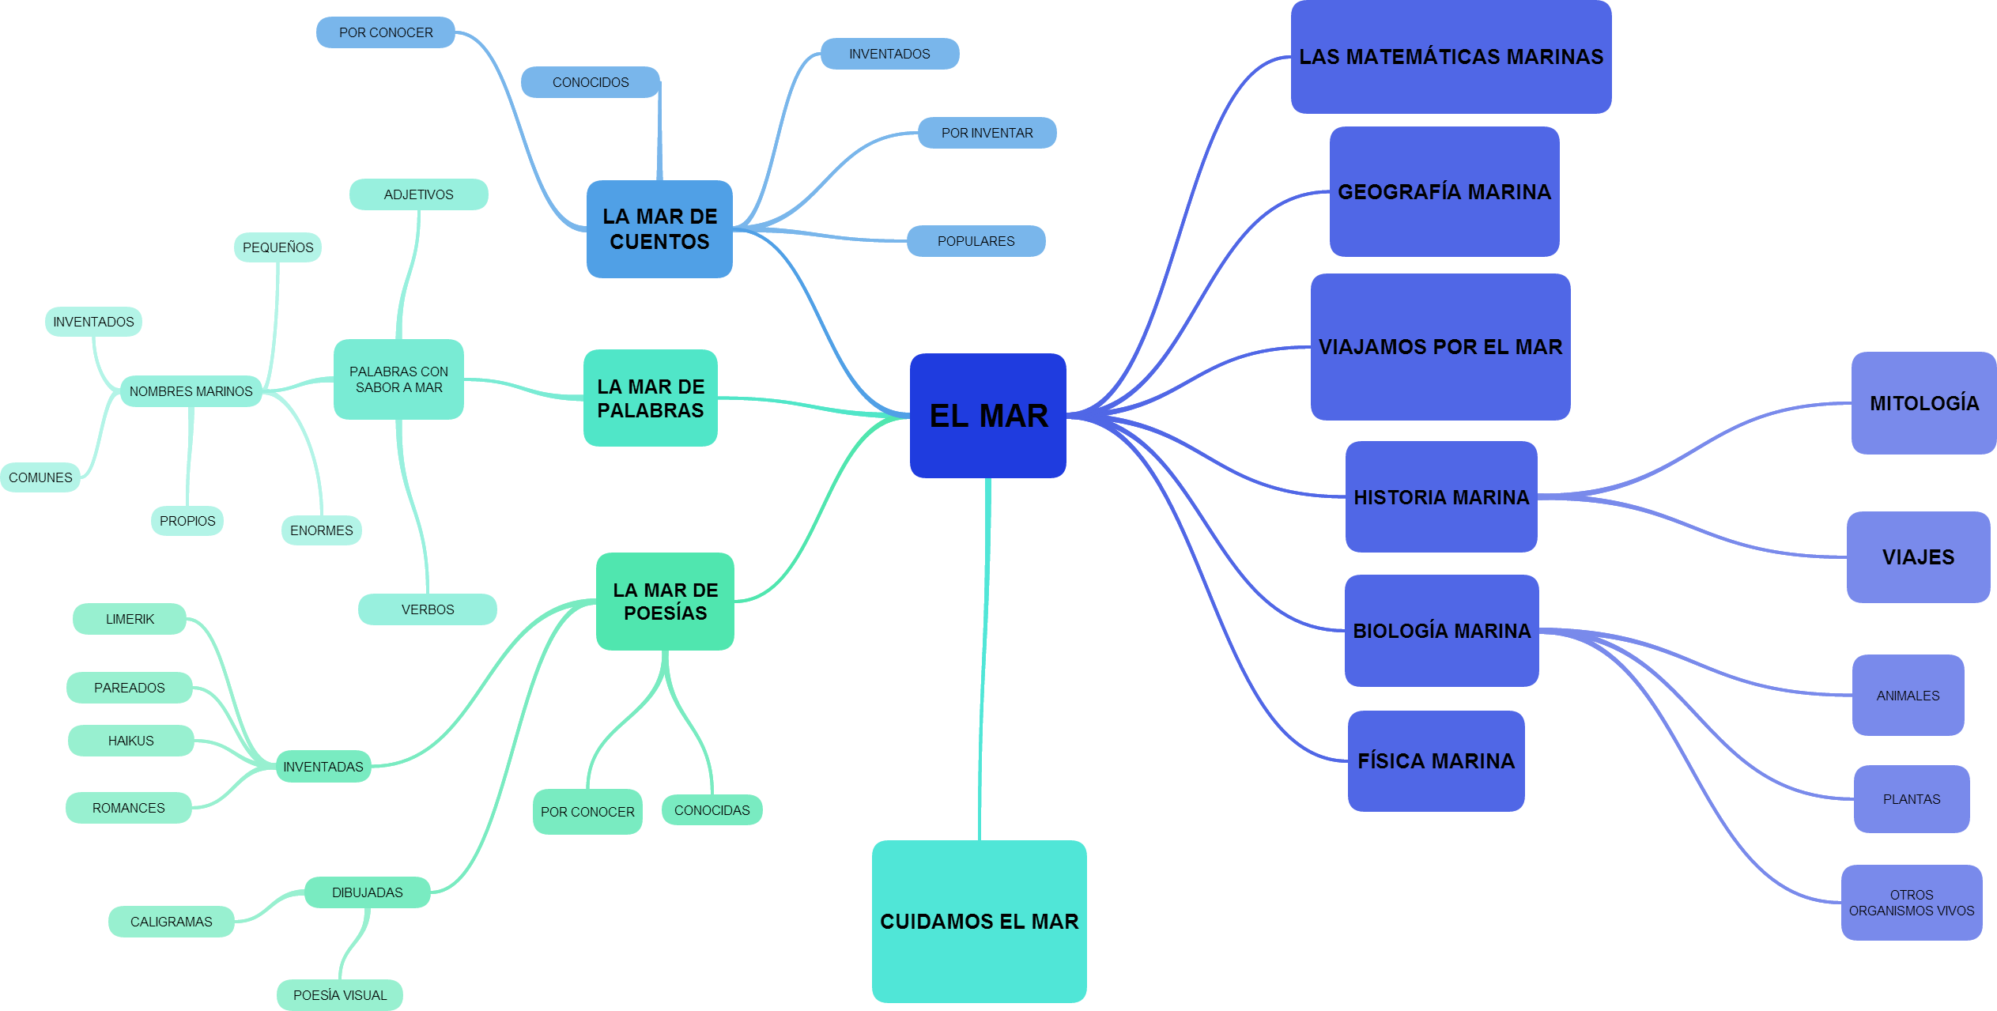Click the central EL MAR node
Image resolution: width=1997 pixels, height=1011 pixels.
click(988, 416)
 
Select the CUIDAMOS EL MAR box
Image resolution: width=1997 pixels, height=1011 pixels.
click(979, 921)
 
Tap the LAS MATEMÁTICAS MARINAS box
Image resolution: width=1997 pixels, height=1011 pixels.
click(1451, 57)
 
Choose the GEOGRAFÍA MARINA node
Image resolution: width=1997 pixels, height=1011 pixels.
click(1444, 191)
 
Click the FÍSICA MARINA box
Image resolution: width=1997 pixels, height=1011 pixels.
click(1436, 760)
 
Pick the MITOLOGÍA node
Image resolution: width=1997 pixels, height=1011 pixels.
click(1923, 403)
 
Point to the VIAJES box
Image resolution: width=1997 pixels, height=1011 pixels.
click(1918, 557)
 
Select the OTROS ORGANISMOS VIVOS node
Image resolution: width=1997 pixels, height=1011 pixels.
click(1911, 903)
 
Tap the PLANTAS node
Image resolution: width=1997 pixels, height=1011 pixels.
click(1911, 799)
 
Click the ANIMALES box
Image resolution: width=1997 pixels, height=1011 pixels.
click(1908, 696)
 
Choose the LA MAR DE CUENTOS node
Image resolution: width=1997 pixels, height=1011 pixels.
click(659, 229)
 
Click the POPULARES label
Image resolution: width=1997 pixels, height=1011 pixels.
click(976, 241)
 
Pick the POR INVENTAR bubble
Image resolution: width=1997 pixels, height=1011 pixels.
click(987, 133)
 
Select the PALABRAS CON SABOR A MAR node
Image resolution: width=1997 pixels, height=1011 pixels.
click(398, 379)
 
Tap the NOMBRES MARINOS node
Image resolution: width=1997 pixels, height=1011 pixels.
click(191, 391)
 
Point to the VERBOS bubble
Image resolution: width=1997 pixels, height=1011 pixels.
click(427, 609)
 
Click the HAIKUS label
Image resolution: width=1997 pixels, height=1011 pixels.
click(130, 741)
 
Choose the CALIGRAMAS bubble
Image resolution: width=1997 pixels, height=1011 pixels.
click(171, 922)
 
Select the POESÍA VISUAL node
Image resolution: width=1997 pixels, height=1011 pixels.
click(340, 995)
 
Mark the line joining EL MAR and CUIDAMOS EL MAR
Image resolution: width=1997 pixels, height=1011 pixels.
click(984, 656)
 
